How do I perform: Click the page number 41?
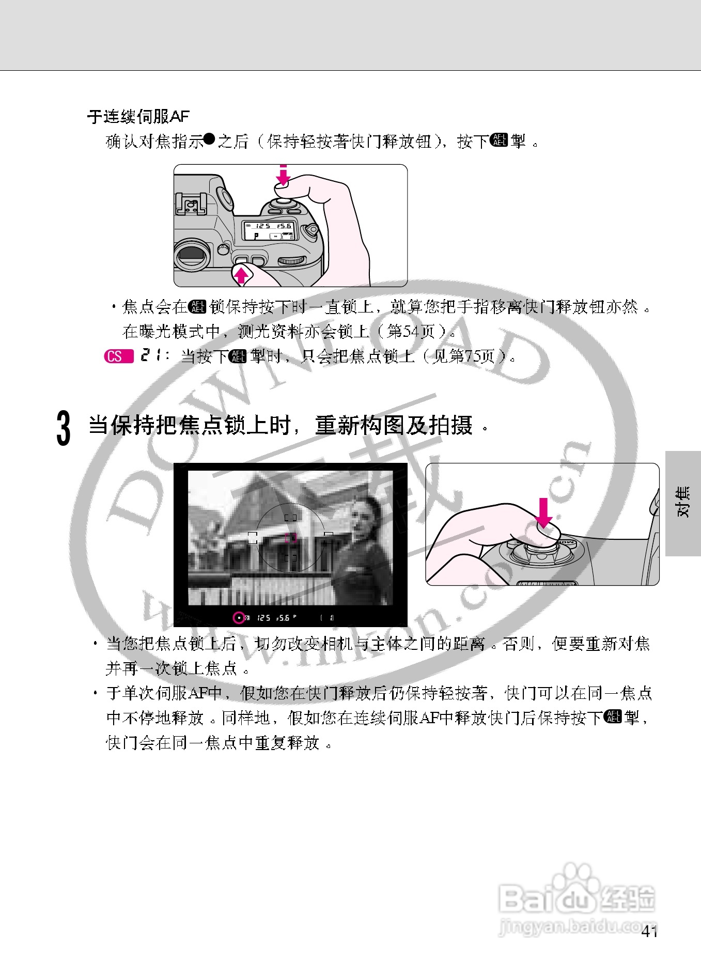click(649, 932)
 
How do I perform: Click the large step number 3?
click(63, 428)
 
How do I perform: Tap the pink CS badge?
click(118, 356)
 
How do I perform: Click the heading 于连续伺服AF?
click(138, 117)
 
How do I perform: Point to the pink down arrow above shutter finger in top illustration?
click(283, 175)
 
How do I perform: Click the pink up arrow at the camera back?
click(241, 274)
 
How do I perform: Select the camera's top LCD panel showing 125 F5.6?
click(269, 230)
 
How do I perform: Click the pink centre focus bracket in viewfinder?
click(290, 538)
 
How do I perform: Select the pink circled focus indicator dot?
click(239, 617)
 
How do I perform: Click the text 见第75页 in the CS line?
click(463, 356)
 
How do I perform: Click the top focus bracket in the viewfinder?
click(290, 517)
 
